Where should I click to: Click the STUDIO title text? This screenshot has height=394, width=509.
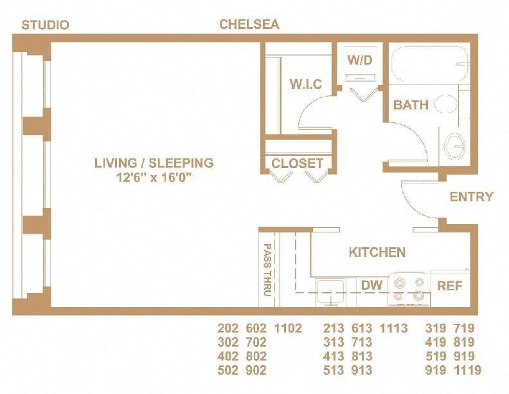(46, 25)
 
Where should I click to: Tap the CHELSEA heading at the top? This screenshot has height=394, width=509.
(249, 24)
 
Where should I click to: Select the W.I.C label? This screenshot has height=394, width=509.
(305, 84)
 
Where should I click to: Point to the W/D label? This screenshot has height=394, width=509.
(360, 60)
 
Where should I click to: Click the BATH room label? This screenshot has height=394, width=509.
(411, 105)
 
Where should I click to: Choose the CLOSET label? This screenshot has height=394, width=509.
(297, 164)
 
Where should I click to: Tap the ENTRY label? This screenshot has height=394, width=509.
(471, 197)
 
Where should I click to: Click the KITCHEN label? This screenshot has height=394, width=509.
(377, 252)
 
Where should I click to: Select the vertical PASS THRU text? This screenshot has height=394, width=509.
(267, 269)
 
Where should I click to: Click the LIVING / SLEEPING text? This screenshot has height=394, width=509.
(154, 163)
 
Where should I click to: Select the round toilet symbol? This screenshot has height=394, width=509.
(446, 105)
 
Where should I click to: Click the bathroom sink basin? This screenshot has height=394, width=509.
(457, 145)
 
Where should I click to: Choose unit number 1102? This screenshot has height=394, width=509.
(287, 328)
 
